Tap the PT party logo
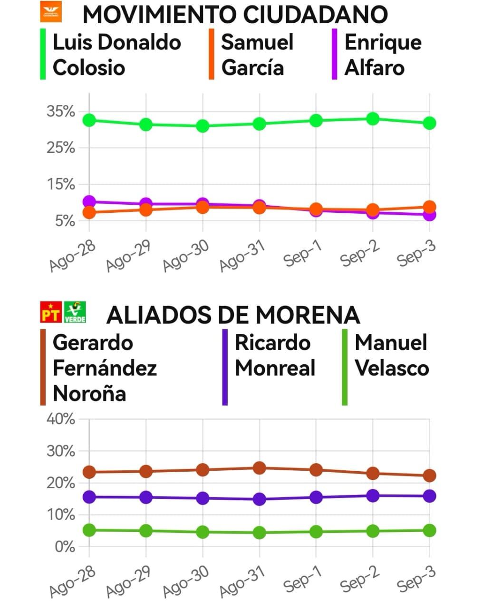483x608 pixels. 51,312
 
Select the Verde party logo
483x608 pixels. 75,312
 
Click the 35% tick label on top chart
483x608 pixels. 61,112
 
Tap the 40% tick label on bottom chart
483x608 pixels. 61,419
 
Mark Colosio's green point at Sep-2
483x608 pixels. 373,118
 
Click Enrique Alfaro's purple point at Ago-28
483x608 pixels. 89,202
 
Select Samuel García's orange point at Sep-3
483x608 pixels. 429,207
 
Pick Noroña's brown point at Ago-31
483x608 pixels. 259,468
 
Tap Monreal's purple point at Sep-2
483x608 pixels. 373,495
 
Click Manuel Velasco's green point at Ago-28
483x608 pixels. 89,530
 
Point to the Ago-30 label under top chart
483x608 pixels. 185,256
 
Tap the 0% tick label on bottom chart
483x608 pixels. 65,547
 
